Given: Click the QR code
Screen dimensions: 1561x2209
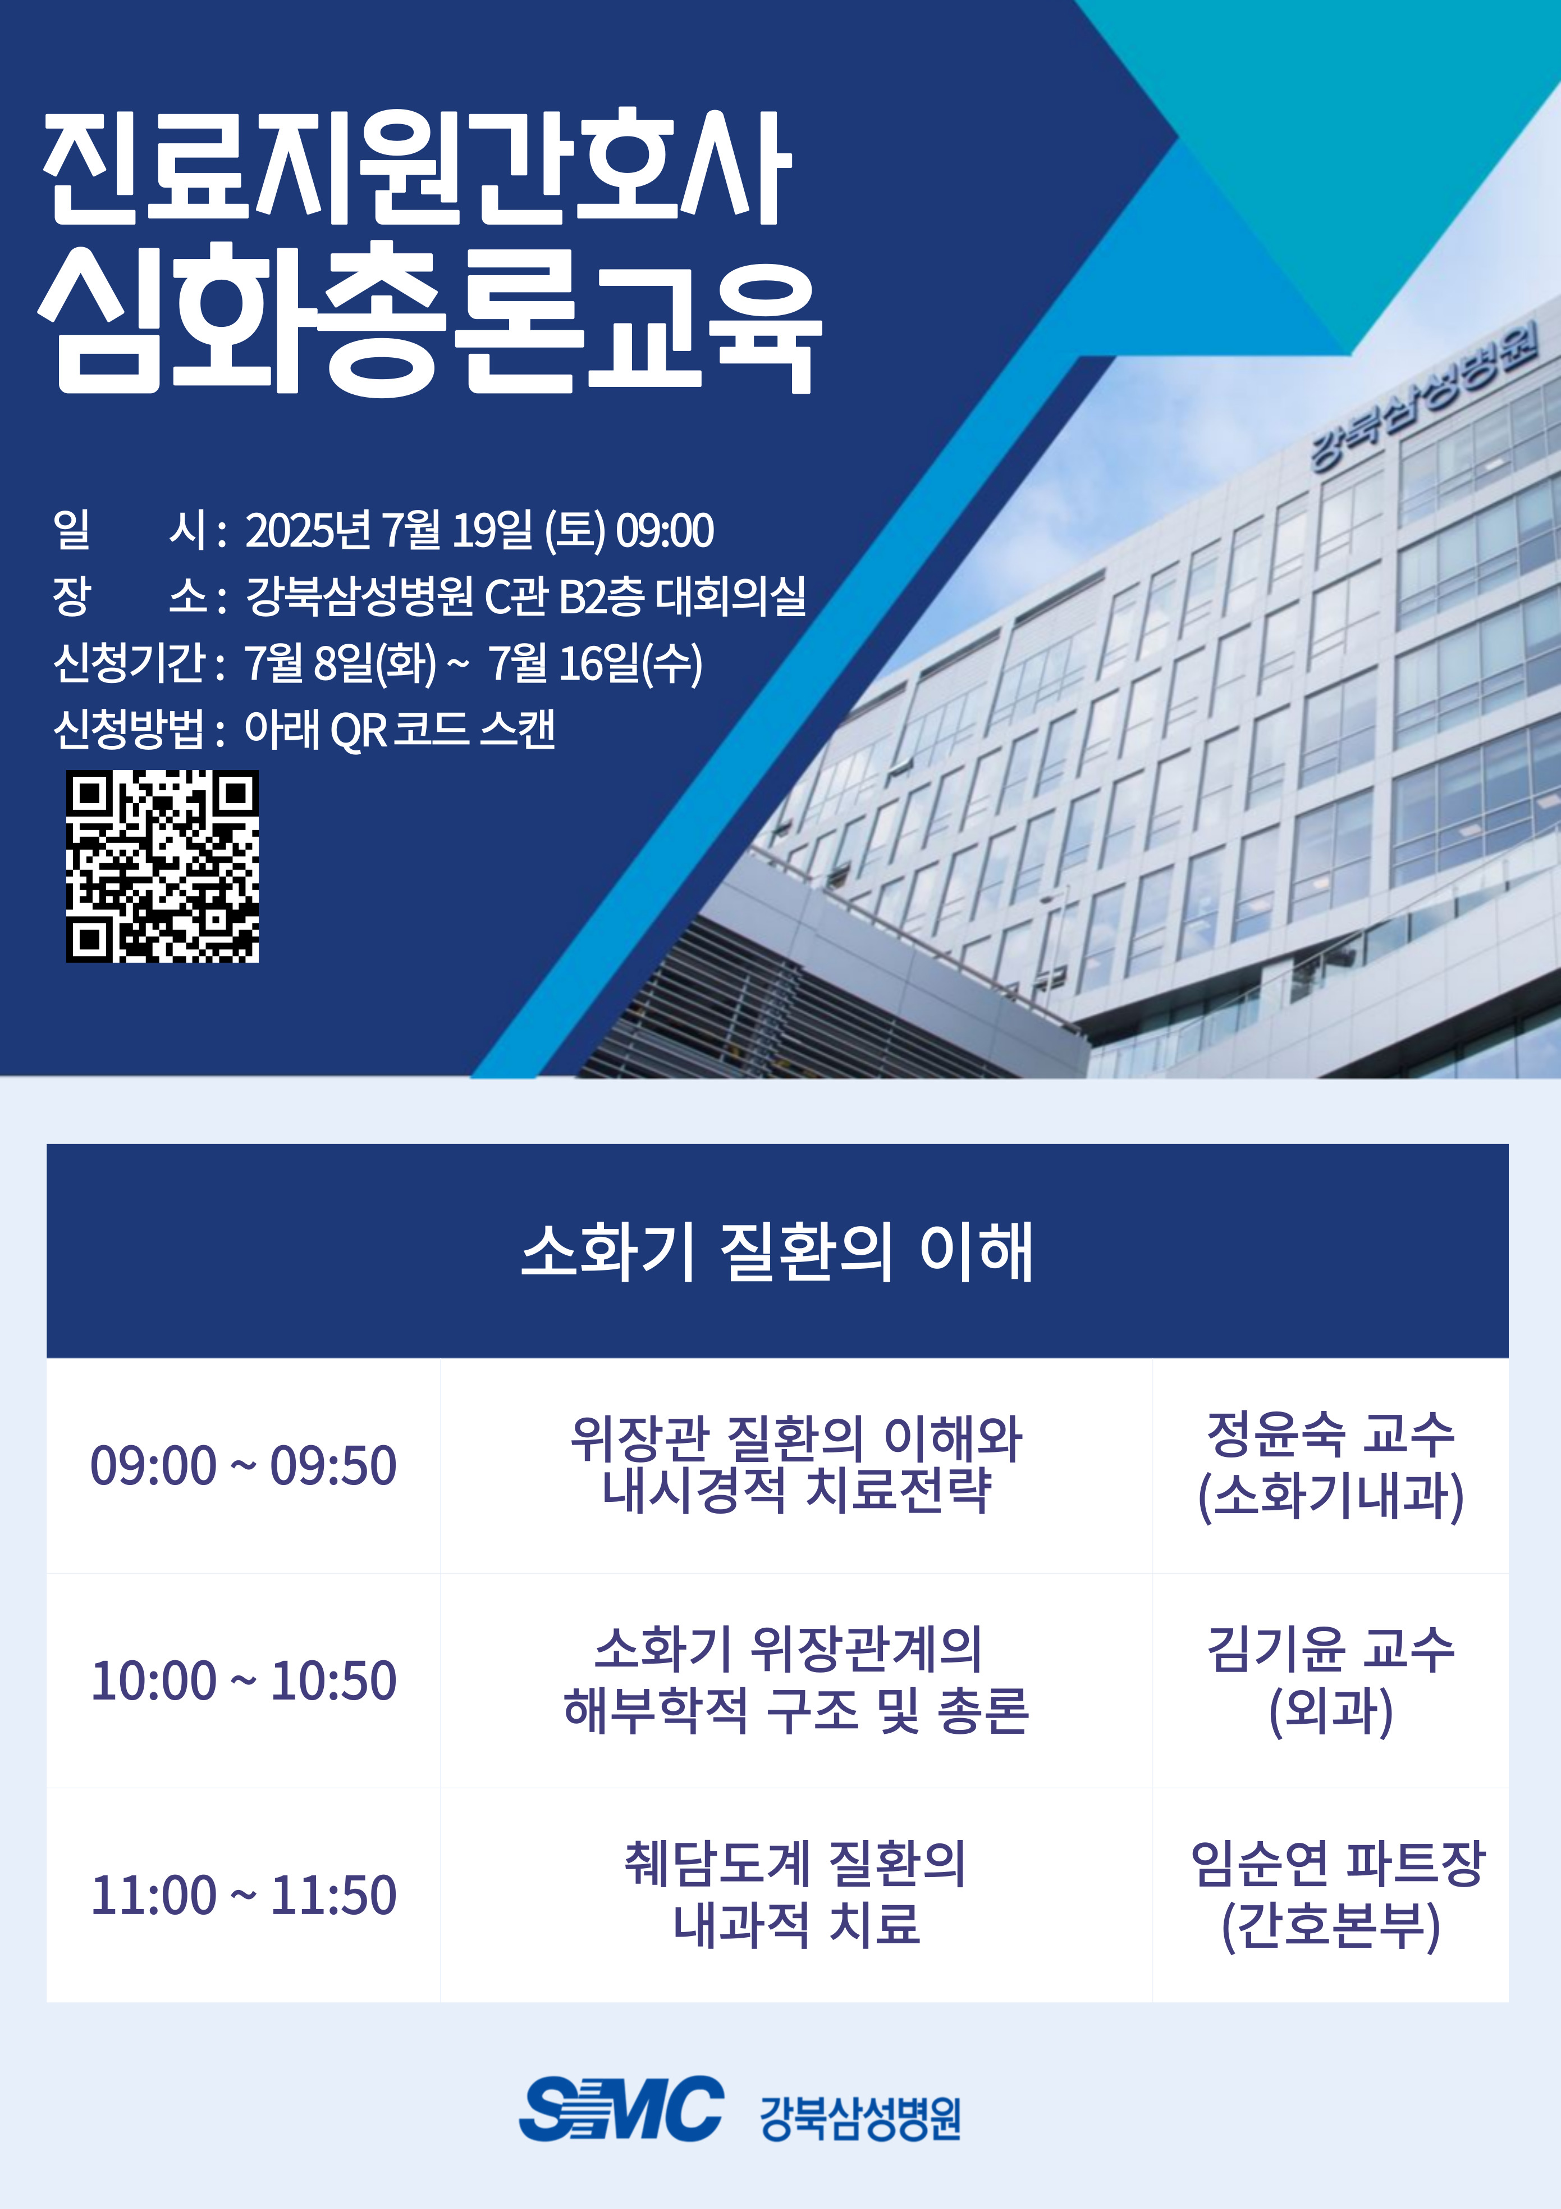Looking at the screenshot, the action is (x=163, y=866).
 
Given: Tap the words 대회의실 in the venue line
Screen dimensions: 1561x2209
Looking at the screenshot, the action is (x=730, y=596).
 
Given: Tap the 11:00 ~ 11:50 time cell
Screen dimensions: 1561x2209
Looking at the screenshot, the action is (x=244, y=1896).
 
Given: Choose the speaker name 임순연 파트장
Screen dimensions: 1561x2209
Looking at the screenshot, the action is (x=1338, y=1865).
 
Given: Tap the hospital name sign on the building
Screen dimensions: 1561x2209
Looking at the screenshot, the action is (x=1423, y=397).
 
